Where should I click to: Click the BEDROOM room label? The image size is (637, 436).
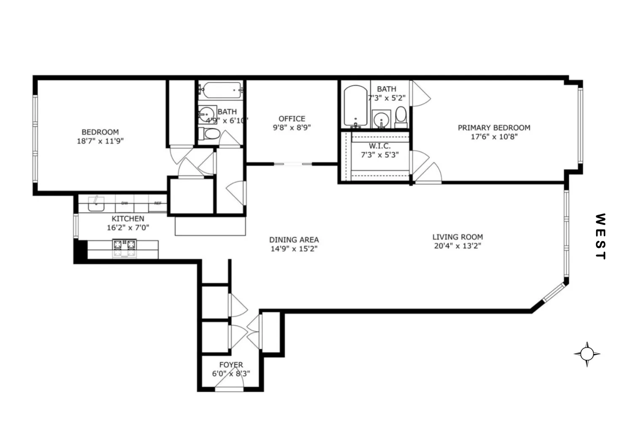click(100, 132)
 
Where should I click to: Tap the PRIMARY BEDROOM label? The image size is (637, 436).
click(494, 128)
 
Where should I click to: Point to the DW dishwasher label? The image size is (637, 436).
click(124, 203)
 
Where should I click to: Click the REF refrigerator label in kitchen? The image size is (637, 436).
click(158, 203)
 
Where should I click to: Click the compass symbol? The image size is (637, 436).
click(587, 354)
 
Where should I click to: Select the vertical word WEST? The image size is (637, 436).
click(600, 237)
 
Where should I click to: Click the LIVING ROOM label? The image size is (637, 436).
click(458, 237)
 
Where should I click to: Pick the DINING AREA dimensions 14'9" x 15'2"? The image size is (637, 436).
click(294, 249)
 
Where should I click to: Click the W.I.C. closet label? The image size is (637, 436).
click(380, 146)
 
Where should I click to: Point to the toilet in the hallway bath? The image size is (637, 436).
click(211, 134)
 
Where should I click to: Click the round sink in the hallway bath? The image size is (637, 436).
click(207, 114)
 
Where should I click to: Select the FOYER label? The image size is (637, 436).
click(231, 365)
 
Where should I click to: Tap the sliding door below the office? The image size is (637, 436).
click(293, 164)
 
